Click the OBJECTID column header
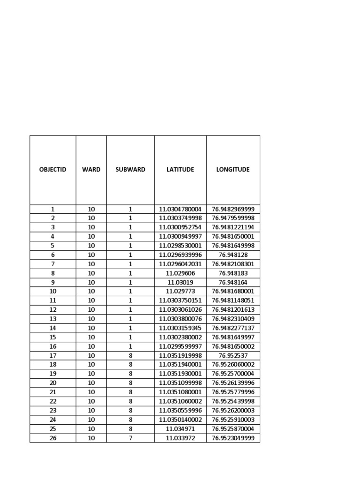pos(52,169)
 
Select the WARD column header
pos(91,169)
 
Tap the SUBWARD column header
pos(130,169)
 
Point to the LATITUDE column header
pos(180,169)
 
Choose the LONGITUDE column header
pos(233,169)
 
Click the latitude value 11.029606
pos(180,273)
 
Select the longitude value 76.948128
pos(233,255)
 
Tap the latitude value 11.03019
pos(180,282)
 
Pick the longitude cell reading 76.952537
pos(233,355)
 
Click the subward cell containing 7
pos(130,438)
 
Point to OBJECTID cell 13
pos(52,319)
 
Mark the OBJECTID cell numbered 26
pos(52,438)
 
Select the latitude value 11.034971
pos(180,429)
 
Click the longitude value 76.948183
pos(233,273)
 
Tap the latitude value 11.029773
pos(180,291)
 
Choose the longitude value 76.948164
pos(233,282)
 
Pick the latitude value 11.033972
pos(180,438)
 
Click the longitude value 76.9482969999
pos(233,209)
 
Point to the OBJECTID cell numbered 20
pos(52,383)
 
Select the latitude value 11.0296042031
pos(180,264)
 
